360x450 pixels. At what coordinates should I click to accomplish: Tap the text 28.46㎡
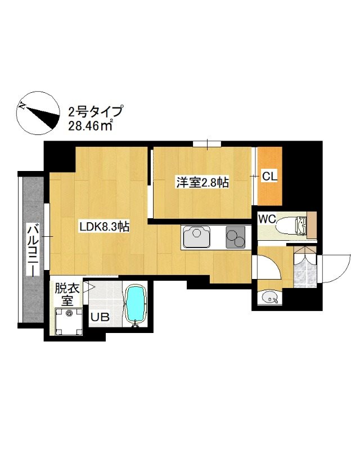(x=90, y=125)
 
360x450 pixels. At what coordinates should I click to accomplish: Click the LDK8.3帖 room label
(x=105, y=227)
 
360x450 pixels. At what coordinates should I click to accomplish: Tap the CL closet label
(x=269, y=176)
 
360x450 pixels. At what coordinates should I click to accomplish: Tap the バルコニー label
(x=33, y=249)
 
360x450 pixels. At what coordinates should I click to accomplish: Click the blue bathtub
(x=135, y=305)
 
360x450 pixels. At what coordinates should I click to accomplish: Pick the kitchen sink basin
(x=197, y=237)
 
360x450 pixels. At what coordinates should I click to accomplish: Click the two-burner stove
(x=236, y=237)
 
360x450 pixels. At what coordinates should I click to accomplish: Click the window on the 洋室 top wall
(x=207, y=145)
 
